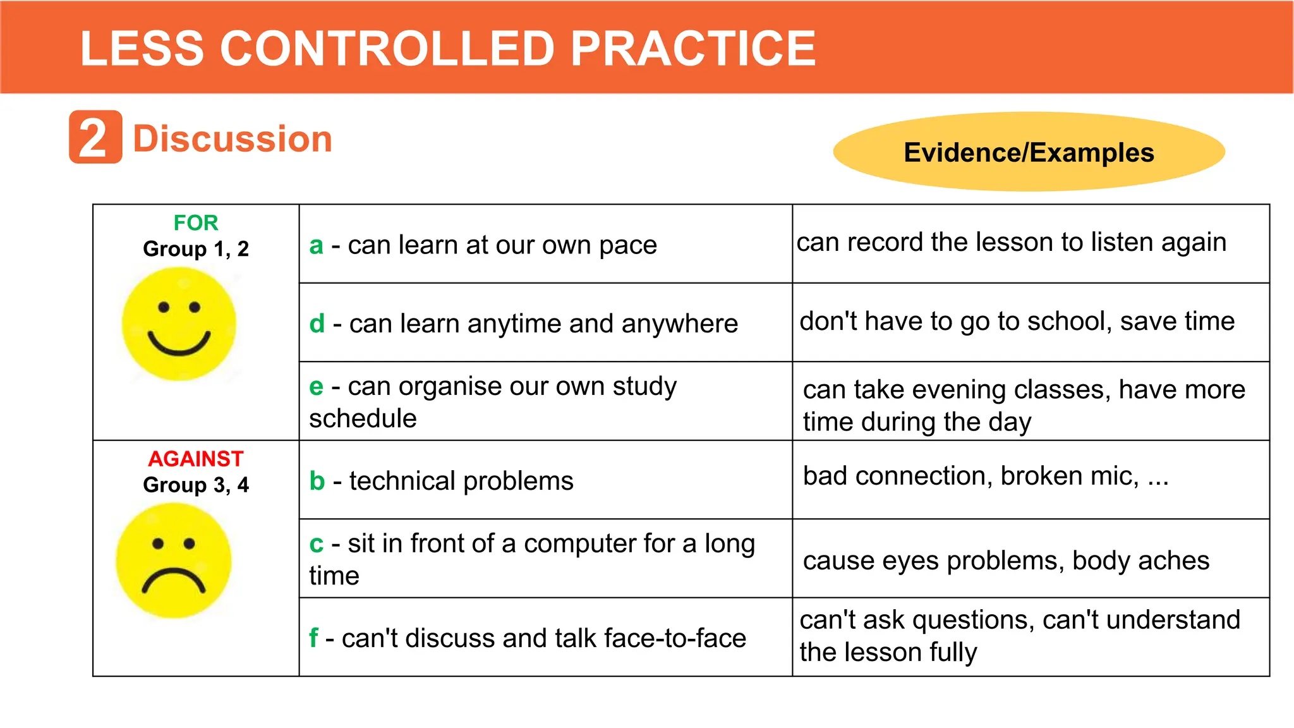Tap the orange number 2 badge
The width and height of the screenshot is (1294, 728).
(95, 137)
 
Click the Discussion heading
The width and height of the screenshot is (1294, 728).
(233, 139)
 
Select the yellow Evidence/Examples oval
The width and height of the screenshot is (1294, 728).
(1029, 152)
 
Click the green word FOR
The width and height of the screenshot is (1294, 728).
(196, 222)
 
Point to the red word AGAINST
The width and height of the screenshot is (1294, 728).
(196, 459)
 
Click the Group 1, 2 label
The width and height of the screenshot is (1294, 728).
(196, 249)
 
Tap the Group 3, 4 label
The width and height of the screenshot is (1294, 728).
(196, 485)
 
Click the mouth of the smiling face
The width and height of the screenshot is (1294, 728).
(179, 344)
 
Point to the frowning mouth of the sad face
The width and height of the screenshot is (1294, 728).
(173, 580)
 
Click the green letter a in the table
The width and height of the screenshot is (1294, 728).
(316, 245)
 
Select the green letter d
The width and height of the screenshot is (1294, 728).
(317, 324)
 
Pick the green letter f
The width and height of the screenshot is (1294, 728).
(313, 638)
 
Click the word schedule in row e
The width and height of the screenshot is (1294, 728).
(363, 419)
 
